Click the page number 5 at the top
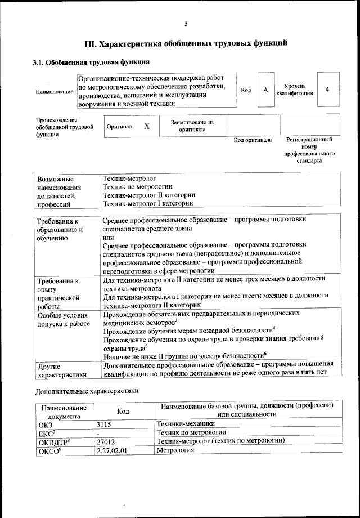point(185,23)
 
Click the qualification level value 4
point(327,90)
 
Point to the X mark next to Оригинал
point(146,126)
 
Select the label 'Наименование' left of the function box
point(54,91)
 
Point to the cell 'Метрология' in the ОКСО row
point(175,450)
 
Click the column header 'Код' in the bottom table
point(123,411)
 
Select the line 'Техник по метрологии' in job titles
point(138,186)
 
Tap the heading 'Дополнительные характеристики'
point(86,390)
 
